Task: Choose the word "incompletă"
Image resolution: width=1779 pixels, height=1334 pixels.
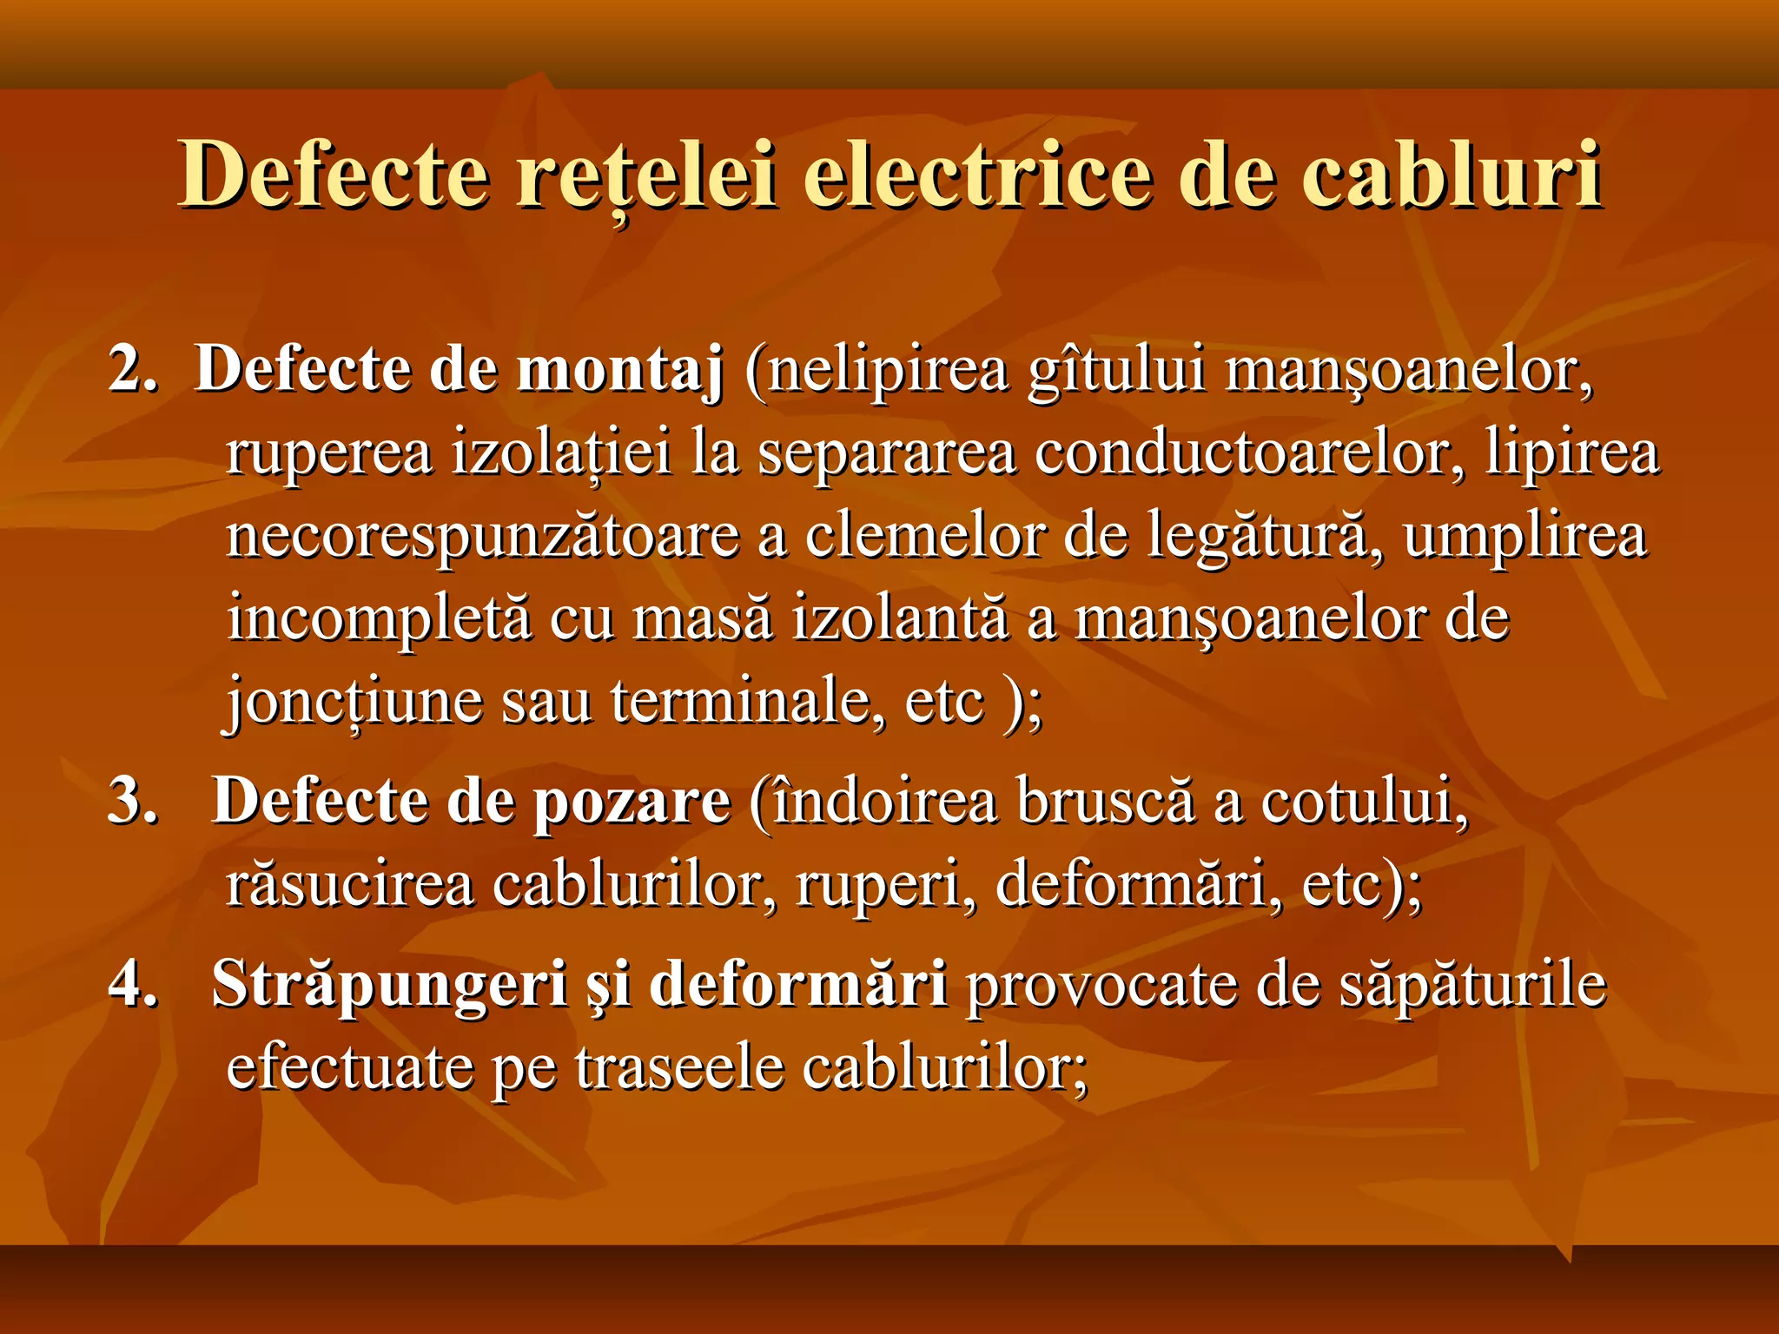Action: (x=379, y=619)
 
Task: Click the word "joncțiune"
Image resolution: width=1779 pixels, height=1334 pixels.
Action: (x=354, y=702)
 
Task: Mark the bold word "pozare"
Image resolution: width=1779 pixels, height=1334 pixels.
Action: (x=632, y=802)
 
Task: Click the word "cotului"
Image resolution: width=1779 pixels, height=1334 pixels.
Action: (x=1364, y=800)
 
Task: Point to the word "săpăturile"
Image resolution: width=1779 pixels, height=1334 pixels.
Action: (x=1472, y=986)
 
